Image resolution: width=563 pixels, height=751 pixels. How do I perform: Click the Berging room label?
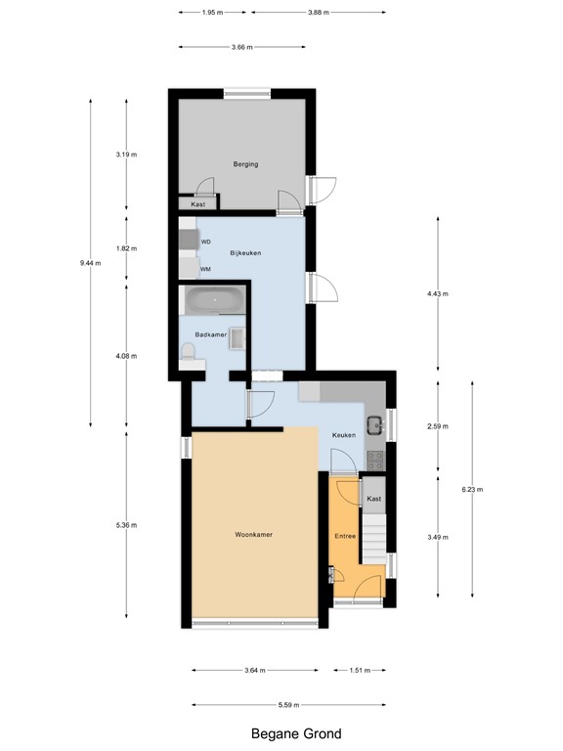245,164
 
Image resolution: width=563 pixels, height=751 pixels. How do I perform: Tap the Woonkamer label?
253,535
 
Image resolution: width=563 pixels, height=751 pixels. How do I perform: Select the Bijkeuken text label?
244,252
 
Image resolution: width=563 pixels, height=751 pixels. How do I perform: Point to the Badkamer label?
211,334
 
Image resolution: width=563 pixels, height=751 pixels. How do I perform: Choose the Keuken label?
343,434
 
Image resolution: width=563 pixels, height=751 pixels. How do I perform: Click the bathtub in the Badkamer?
214,301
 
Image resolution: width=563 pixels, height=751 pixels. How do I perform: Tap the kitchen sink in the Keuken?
376,424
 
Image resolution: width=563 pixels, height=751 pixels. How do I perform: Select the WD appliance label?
206,242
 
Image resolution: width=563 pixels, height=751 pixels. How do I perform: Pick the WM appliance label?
206,268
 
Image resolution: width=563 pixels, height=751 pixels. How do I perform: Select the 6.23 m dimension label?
472,490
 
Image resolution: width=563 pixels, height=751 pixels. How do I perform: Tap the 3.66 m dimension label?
242,47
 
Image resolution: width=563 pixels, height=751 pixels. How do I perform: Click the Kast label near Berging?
198,204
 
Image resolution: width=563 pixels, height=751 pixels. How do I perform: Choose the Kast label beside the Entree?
373,499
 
